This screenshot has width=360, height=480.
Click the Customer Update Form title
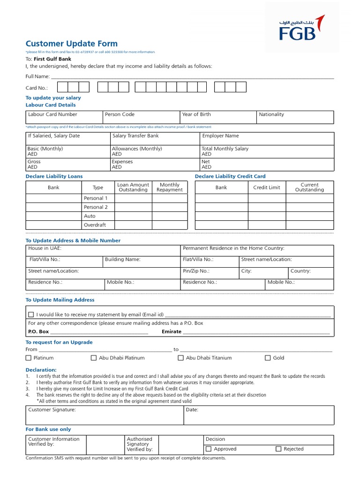[71, 44]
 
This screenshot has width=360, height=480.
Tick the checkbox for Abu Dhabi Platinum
[94, 358]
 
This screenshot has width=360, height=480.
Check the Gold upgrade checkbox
[268, 358]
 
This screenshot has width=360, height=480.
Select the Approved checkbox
[209, 449]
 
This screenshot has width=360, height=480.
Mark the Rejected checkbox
[278, 449]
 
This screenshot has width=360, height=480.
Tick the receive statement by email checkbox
[31, 315]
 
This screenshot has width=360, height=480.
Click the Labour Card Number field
[64, 117]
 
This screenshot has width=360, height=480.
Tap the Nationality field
[295, 117]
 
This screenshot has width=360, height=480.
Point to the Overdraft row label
[95, 225]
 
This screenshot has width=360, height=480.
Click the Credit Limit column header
[267, 187]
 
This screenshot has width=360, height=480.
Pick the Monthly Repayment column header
[170, 187]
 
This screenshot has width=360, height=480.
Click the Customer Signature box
[104, 415]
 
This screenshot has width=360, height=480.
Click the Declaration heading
[41, 370]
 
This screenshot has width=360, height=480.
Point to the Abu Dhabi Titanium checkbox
[181, 358]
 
